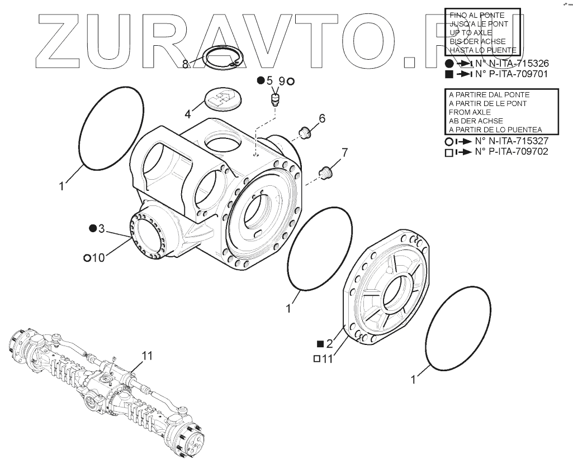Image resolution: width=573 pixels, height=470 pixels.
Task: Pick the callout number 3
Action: pyautogui.click(x=101, y=228)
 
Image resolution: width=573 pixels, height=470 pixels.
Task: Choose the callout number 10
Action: pyautogui.click(x=98, y=257)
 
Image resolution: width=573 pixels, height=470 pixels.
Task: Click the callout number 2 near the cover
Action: pyautogui.click(x=329, y=344)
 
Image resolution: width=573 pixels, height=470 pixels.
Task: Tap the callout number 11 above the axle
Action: pyautogui.click(x=146, y=355)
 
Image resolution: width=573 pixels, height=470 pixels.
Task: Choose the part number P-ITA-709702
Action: pyautogui.click(x=511, y=151)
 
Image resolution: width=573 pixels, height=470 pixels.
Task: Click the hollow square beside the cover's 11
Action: pyautogui.click(x=316, y=359)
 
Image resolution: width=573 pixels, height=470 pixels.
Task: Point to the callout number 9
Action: pyautogui.click(x=282, y=81)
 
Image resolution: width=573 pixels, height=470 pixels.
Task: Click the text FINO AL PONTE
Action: pyautogui.click(x=477, y=15)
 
